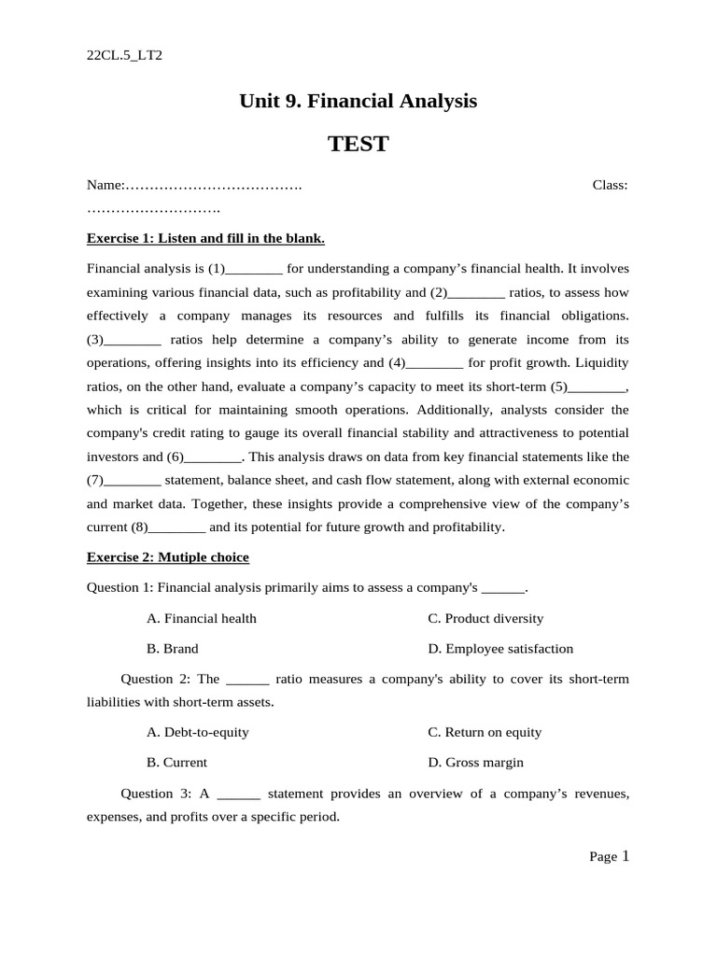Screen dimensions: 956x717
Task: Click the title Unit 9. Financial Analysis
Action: [358, 101]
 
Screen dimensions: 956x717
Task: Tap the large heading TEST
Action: [358, 144]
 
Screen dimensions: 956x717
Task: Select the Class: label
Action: [610, 185]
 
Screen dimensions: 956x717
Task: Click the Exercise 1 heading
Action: [205, 238]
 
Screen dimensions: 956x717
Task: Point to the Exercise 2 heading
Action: [168, 557]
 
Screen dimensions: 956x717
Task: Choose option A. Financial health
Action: [202, 618]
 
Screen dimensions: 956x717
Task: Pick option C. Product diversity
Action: [485, 618]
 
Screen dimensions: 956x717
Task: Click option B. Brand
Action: [173, 649]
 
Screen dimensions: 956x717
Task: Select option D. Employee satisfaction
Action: [500, 649]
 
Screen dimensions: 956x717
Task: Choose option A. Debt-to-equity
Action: [198, 732]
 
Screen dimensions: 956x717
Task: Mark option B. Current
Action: [177, 763]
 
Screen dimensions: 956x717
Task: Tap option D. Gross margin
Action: [475, 763]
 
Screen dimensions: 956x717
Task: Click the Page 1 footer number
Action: [625, 856]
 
